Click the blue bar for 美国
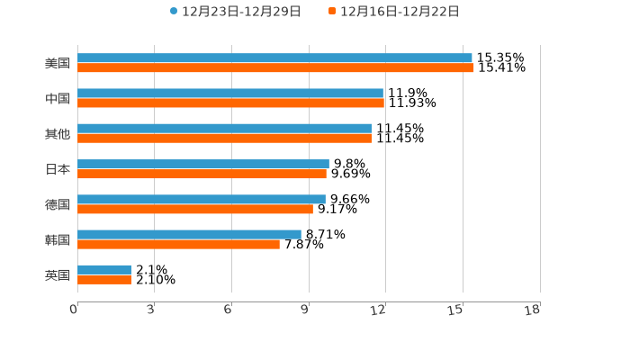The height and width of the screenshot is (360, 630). [x=274, y=58]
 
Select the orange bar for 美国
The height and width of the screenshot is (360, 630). [x=275, y=67]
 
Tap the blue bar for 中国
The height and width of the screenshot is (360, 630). [x=230, y=93]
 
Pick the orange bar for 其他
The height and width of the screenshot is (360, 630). [x=224, y=139]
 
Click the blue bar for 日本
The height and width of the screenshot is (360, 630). [x=203, y=164]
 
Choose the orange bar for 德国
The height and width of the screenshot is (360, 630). [x=195, y=209]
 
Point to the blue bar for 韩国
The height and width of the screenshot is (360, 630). [x=189, y=234]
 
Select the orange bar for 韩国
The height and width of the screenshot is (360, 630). [x=178, y=244]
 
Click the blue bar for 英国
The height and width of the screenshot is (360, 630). [x=104, y=269]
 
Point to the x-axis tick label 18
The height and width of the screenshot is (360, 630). [x=532, y=310]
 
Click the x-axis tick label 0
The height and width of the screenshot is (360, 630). [x=74, y=310]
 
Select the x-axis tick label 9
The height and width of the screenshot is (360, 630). [x=305, y=310]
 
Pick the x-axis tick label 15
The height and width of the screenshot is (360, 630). [x=455, y=310]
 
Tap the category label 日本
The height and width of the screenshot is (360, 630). [x=58, y=169]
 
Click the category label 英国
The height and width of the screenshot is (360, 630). [x=58, y=274]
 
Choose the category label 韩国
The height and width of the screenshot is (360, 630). [x=58, y=239]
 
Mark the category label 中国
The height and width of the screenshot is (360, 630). [x=58, y=98]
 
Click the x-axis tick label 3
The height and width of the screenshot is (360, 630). [x=150, y=310]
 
